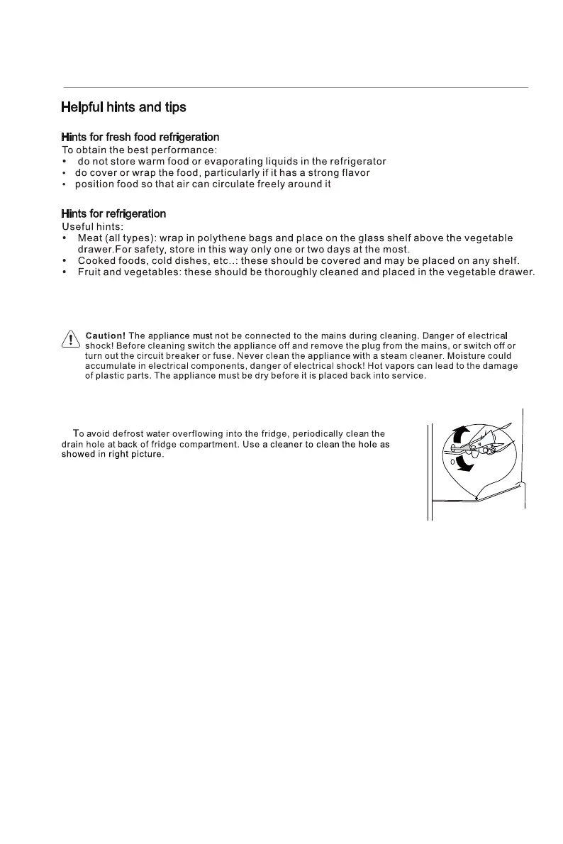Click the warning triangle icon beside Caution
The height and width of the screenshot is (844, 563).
tap(71, 339)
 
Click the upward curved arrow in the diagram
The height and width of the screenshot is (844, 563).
tap(461, 435)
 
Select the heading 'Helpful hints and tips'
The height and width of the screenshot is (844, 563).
tap(123, 108)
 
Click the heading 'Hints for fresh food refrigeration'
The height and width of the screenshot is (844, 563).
tap(140, 137)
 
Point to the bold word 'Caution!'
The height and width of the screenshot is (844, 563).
tap(106, 335)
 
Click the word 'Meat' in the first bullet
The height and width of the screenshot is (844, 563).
tap(90, 238)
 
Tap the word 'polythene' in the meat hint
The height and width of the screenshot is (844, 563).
tap(230, 238)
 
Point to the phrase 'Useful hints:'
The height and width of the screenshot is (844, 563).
tap(93, 226)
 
